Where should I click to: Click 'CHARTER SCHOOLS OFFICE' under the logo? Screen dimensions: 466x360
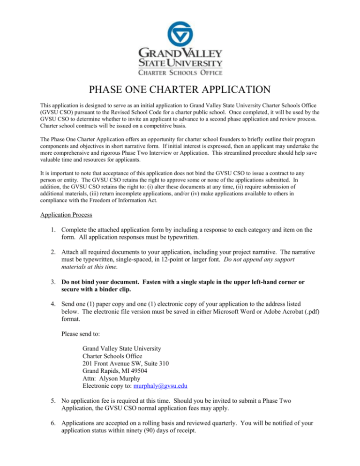click(180, 72)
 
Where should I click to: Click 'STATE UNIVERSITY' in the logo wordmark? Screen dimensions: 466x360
click(180, 62)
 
